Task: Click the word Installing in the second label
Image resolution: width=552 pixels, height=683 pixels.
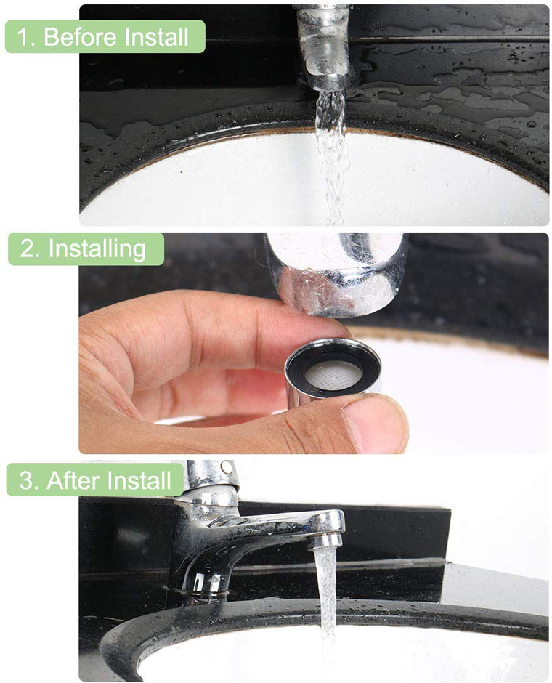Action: [97, 249]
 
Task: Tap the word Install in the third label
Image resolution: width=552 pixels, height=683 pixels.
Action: [139, 480]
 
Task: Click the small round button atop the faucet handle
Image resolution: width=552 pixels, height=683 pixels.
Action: [225, 467]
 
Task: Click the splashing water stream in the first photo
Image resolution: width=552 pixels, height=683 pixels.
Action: [331, 157]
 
